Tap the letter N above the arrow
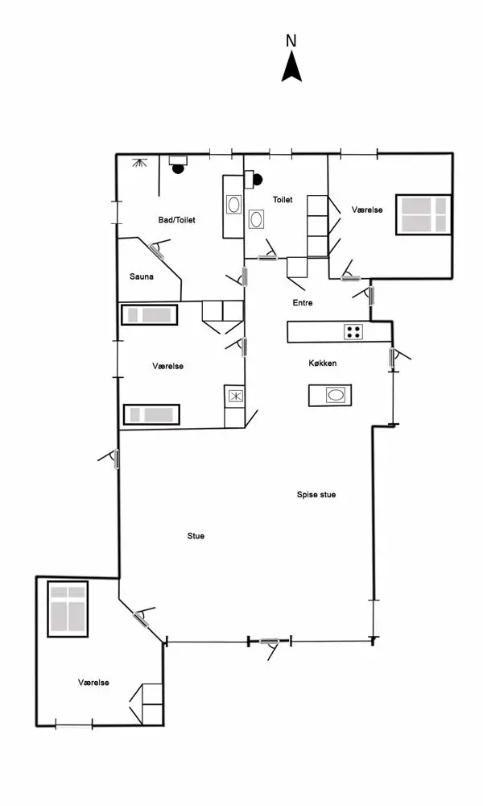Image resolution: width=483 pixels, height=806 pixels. pyautogui.click(x=291, y=40)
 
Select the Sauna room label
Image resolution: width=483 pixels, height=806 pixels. pyautogui.click(x=142, y=276)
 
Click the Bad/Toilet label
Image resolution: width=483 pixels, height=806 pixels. pyautogui.click(x=177, y=219)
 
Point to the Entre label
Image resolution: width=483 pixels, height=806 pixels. pyautogui.click(x=302, y=303)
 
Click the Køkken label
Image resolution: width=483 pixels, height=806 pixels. pyautogui.click(x=322, y=364)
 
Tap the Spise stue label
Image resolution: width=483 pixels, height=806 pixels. pyautogui.click(x=316, y=494)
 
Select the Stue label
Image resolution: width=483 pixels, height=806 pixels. pyautogui.click(x=196, y=535)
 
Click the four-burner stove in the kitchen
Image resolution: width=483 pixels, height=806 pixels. pyautogui.click(x=353, y=331)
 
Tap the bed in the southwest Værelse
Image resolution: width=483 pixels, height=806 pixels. pyautogui.click(x=68, y=609)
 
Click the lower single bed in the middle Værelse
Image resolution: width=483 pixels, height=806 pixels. pyautogui.click(x=151, y=414)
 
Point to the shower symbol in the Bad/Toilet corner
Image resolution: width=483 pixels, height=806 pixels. pyautogui.click(x=142, y=163)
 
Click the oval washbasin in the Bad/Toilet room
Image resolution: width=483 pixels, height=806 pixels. pyautogui.click(x=233, y=205)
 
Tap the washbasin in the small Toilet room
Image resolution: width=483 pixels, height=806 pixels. pyautogui.click(x=257, y=218)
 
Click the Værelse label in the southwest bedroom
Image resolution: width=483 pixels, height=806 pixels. pyautogui.click(x=93, y=683)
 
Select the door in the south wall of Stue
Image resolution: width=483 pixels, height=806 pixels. pyautogui.click(x=269, y=642)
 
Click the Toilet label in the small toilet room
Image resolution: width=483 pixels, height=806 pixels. pyautogui.click(x=283, y=199)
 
